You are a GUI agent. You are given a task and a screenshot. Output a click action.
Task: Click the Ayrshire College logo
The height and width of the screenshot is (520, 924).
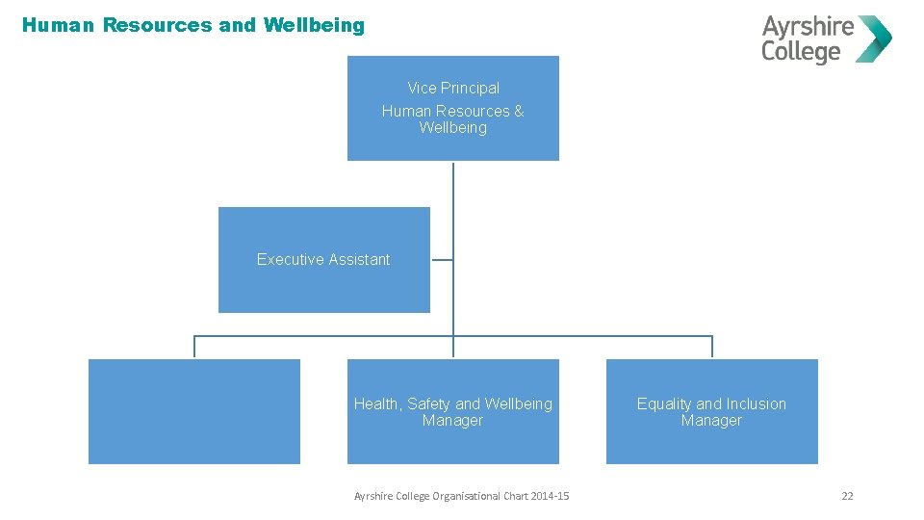[826, 39]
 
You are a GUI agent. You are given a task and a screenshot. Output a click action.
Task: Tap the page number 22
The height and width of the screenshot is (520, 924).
[847, 496]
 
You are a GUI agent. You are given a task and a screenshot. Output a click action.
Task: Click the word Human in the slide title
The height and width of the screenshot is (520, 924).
[59, 26]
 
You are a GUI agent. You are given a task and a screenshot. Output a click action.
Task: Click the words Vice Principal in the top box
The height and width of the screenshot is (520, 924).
[453, 88]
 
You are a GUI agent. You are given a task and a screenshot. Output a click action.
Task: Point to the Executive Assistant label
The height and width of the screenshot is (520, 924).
[323, 259]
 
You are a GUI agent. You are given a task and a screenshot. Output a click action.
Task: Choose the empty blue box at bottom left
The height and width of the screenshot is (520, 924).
[194, 411]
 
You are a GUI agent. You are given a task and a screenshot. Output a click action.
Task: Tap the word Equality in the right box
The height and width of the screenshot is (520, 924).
[664, 403]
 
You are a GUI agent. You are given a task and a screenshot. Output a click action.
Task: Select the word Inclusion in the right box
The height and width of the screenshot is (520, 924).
[756, 403]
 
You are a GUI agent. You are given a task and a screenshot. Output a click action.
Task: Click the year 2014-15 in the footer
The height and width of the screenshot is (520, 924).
[550, 496]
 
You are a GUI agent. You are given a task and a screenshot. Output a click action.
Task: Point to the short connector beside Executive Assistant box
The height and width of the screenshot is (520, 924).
[441, 259]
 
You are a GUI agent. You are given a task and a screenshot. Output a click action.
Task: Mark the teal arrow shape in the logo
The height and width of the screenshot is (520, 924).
[875, 39]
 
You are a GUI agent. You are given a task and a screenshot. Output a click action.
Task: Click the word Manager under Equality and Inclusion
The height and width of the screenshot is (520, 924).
[711, 421]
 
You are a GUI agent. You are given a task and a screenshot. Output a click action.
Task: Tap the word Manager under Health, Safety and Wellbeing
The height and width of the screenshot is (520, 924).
[452, 421]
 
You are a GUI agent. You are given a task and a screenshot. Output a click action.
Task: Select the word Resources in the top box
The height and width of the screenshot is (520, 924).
[474, 111]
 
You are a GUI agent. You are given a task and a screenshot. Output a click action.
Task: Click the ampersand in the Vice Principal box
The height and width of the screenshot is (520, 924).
[519, 111]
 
